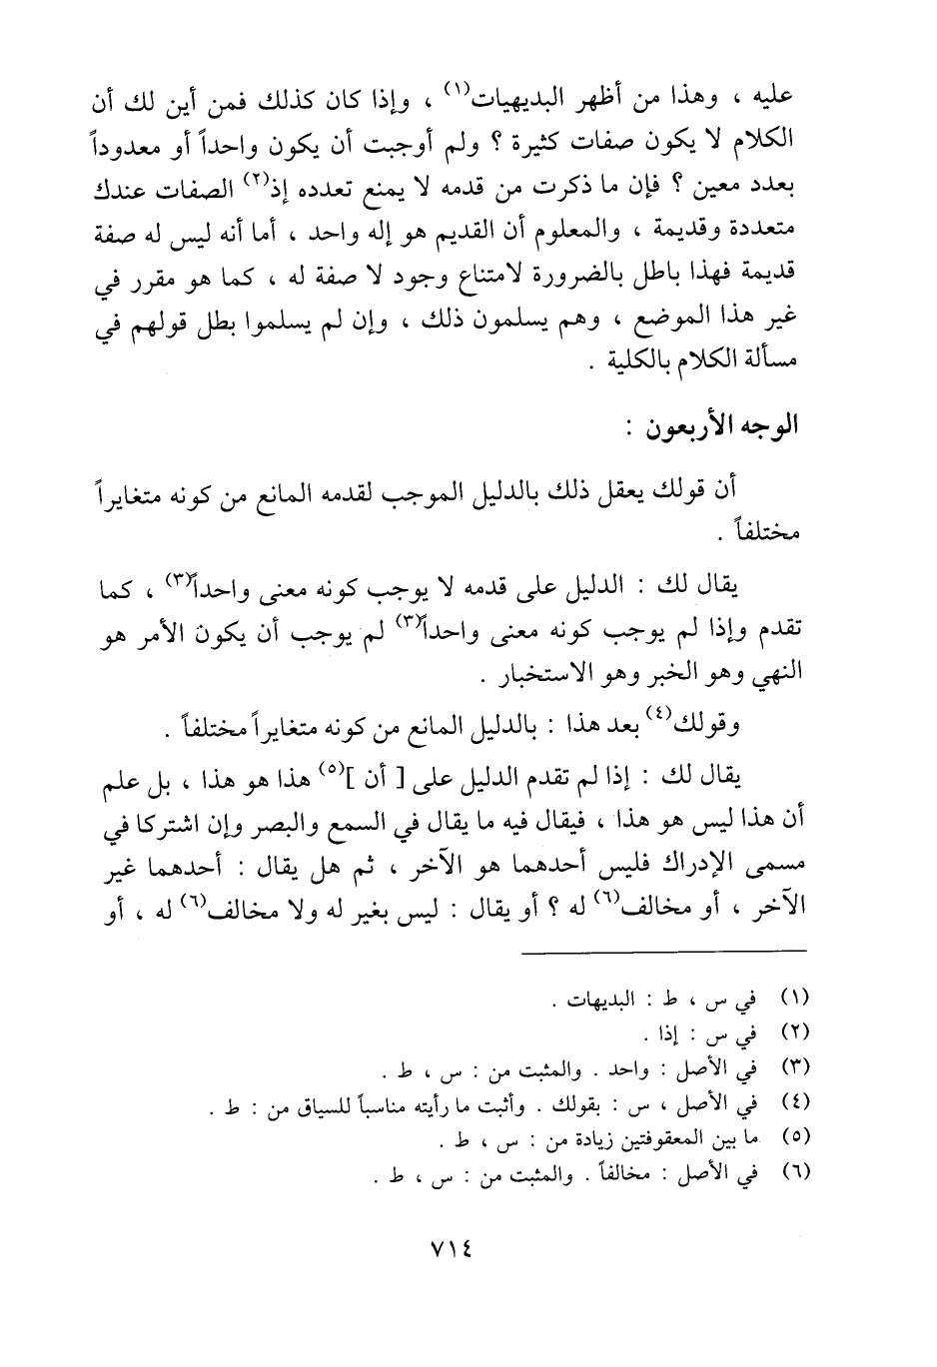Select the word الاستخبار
(x=526, y=676)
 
